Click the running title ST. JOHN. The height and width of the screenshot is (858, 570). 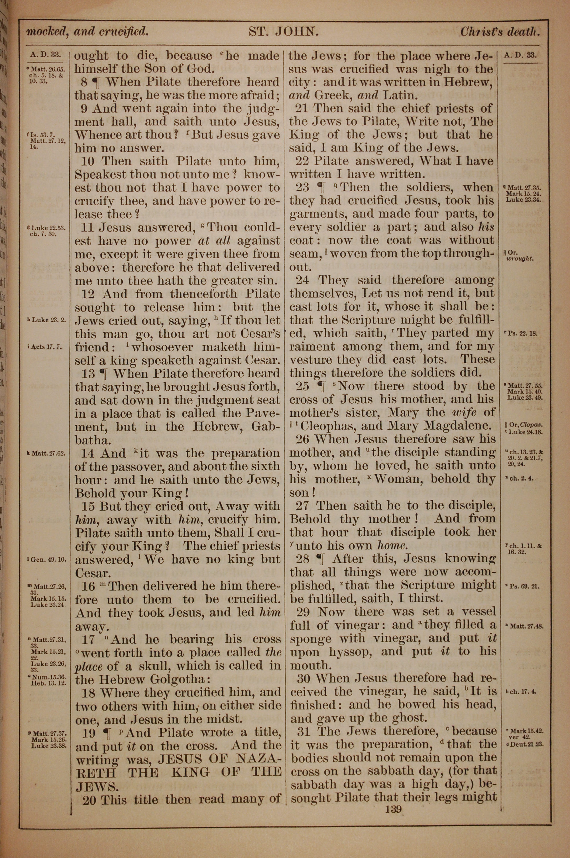(x=284, y=32)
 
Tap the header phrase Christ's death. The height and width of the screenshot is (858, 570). (x=500, y=32)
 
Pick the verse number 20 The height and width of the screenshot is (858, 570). (x=89, y=800)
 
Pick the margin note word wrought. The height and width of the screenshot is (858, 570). (x=521, y=259)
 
